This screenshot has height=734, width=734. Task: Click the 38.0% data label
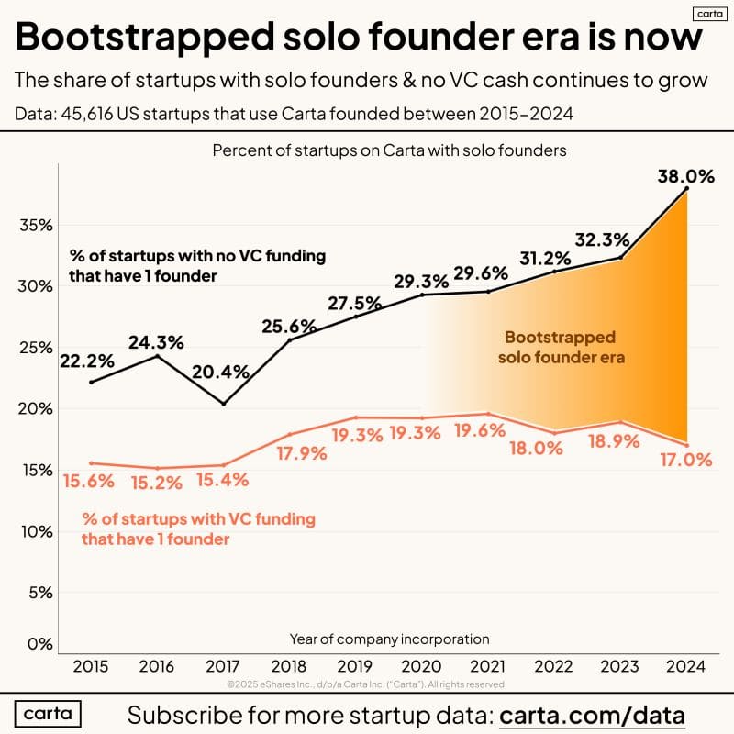pyautogui.click(x=686, y=177)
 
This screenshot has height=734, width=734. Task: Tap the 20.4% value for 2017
pyautogui.click(x=220, y=373)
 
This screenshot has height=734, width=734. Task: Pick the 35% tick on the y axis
pyautogui.click(x=35, y=226)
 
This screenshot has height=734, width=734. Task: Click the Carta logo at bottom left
pyautogui.click(x=49, y=714)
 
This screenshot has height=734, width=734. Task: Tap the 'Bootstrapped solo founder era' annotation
pyautogui.click(x=561, y=347)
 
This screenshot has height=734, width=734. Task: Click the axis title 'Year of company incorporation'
pyautogui.click(x=389, y=639)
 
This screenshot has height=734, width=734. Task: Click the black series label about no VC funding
pyautogui.click(x=196, y=264)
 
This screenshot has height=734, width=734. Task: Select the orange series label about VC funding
pyautogui.click(x=197, y=529)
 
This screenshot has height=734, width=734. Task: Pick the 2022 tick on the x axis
pyautogui.click(x=554, y=668)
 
